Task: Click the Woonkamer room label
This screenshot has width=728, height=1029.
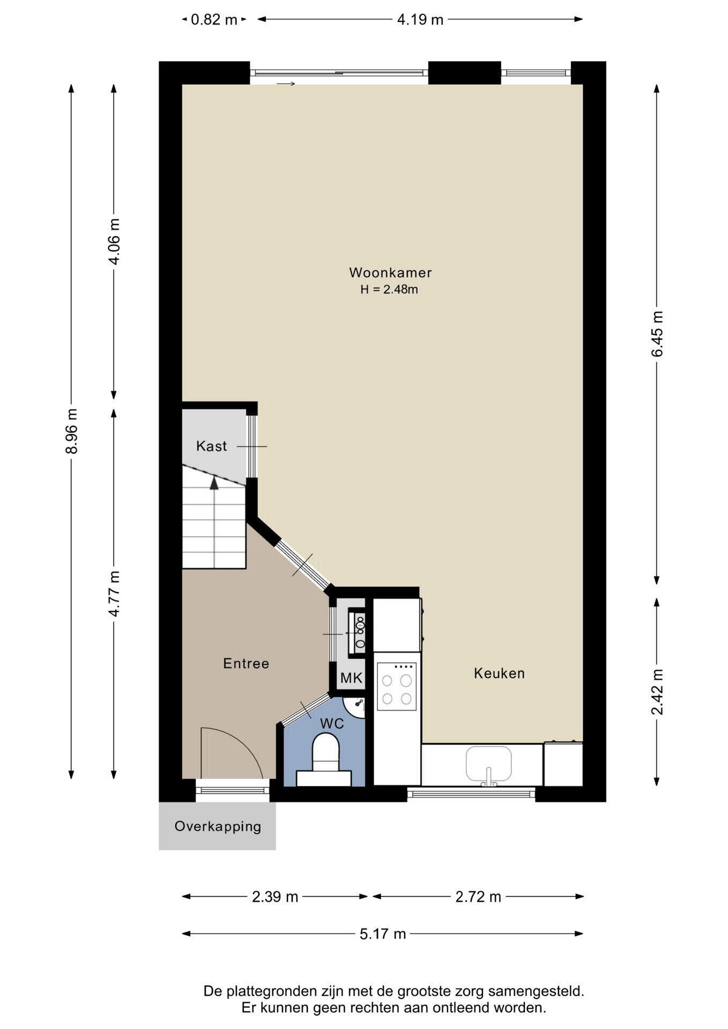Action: coord(390,272)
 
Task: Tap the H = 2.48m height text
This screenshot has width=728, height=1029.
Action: coord(389,290)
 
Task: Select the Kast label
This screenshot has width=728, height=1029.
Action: coord(211,446)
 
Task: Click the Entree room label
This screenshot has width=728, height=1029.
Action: coord(246,663)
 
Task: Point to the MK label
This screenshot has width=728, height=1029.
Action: coord(352,678)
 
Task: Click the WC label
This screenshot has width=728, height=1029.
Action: coord(332,724)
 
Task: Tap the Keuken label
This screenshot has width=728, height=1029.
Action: coord(499,673)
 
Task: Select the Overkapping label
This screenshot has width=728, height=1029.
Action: coord(218,826)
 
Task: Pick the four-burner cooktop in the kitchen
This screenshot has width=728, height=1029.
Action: coord(397,686)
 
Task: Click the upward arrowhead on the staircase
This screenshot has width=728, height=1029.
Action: coord(214,482)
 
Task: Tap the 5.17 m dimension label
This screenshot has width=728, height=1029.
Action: coord(382,934)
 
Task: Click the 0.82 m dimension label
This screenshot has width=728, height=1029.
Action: coord(214,20)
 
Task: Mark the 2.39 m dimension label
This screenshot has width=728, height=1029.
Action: coord(275,897)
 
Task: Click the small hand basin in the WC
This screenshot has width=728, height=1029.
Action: coord(354,706)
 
